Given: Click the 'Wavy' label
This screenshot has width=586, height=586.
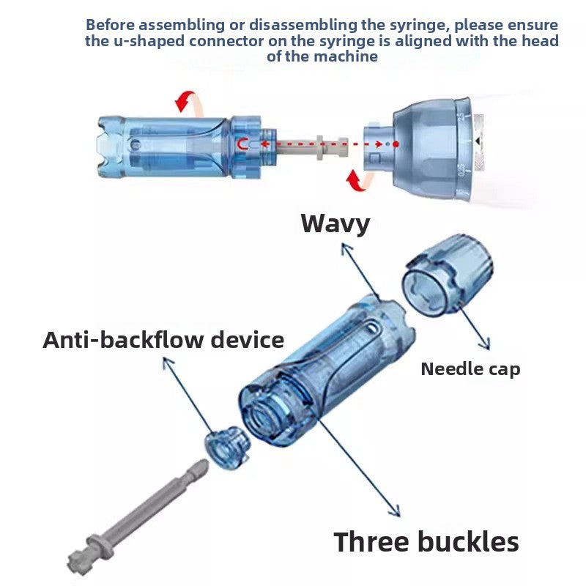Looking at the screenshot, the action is pyautogui.click(x=335, y=224).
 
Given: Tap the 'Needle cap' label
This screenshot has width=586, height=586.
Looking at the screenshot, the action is pyautogui.click(x=470, y=369).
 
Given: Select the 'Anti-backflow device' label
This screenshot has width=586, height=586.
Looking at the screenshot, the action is pyautogui.click(x=163, y=340).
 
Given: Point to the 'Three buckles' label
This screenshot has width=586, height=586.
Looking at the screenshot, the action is pyautogui.click(x=426, y=541).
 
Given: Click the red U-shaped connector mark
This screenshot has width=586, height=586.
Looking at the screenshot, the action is pyautogui.click(x=243, y=144).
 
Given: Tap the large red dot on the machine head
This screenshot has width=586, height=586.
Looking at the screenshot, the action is pyautogui.click(x=396, y=144).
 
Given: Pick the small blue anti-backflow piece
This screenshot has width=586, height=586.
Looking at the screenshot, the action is pyautogui.click(x=227, y=447).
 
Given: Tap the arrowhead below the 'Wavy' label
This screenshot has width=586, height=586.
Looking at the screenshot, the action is pyautogui.click(x=346, y=248).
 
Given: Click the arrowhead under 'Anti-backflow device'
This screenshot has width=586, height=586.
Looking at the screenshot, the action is pyautogui.click(x=167, y=362).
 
